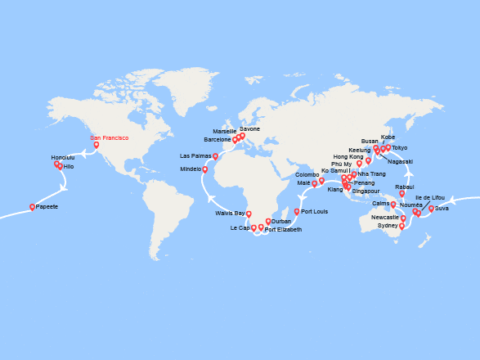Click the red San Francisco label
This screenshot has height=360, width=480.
(x=109, y=138)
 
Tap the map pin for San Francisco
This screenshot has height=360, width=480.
(x=96, y=145)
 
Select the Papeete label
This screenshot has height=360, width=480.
(x=47, y=207)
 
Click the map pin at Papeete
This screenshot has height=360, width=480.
(x=33, y=207)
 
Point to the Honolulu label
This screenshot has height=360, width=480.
(x=62, y=157)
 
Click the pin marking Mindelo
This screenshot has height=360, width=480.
(x=204, y=170)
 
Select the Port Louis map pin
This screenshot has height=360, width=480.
(x=297, y=212)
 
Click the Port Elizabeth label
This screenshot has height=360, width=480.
(x=283, y=230)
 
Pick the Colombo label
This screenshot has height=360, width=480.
(x=307, y=175)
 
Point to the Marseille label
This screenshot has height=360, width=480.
(x=224, y=131)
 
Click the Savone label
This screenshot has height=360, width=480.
(x=249, y=129)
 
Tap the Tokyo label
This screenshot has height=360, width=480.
(x=399, y=148)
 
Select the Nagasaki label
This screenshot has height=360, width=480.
(x=401, y=161)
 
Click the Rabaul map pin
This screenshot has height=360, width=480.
(x=401, y=194)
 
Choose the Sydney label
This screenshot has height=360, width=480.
(x=388, y=225)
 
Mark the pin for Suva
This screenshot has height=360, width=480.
(x=431, y=208)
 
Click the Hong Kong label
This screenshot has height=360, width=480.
(x=348, y=156)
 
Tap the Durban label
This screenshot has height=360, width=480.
(x=281, y=222)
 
